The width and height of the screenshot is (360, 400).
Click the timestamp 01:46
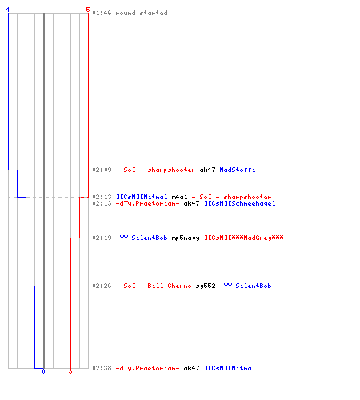pos(102,13)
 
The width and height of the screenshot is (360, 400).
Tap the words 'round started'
pos(142,13)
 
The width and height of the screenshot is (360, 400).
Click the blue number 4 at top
pos(8,10)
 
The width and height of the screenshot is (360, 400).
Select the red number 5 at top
pos(88,10)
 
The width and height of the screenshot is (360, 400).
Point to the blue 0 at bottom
pos(43,371)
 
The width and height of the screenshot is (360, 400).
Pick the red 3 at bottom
pos(70,371)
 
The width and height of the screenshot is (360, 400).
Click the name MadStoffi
pos(238,170)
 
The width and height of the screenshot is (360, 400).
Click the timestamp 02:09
pos(102,170)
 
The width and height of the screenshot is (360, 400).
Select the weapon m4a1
pos(179,197)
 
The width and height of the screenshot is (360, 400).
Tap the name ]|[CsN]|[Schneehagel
pos(240,203)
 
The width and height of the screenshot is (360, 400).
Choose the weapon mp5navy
pos(186,238)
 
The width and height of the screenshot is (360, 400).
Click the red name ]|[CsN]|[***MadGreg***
pos(244,238)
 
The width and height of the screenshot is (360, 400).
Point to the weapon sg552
pos(206,286)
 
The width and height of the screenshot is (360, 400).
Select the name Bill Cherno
pos(170,286)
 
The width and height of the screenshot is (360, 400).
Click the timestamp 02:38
pos(102,368)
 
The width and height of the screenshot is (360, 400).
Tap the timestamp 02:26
pos(102,286)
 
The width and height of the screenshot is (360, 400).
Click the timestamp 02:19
pos(102,238)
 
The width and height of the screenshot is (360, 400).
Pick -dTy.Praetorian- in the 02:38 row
pos(147,368)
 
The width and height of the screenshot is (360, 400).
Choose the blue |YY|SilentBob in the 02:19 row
pos(142,238)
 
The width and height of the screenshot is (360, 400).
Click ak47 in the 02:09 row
pos(207,170)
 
